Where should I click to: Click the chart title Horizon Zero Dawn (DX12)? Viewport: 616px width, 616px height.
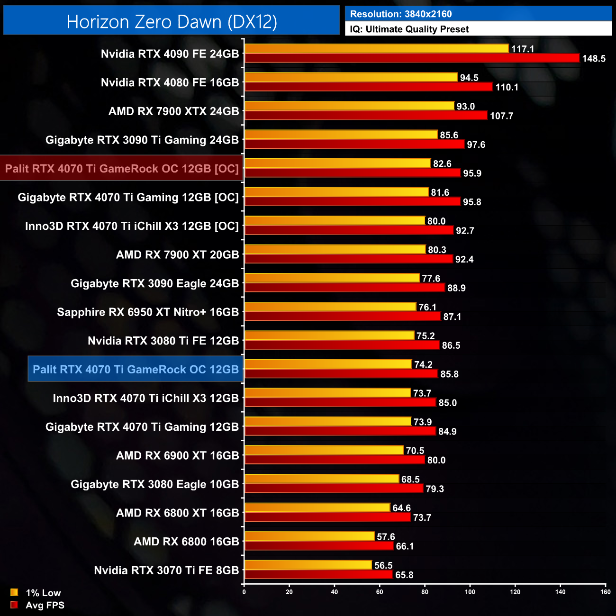[172, 22]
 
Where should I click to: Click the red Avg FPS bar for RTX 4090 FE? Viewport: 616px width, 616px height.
[411, 58]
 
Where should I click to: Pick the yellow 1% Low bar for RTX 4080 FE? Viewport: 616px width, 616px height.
[351, 77]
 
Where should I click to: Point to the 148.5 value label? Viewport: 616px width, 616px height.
[593, 59]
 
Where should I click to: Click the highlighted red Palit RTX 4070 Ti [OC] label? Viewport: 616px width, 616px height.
[122, 169]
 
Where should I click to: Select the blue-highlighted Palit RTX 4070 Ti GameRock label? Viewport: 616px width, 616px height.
[136, 370]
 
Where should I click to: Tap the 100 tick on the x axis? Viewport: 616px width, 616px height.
[470, 592]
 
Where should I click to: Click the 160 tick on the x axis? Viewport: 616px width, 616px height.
[605, 592]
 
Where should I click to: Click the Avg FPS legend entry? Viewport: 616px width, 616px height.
[37, 605]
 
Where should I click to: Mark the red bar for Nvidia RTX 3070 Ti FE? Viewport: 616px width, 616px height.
[318, 575]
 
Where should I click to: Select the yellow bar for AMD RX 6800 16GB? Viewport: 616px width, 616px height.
[309, 536]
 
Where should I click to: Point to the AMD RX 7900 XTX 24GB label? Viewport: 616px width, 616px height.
[173, 111]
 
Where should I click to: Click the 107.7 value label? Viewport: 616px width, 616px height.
[501, 116]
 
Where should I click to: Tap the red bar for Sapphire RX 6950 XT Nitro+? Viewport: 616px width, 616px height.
[343, 317]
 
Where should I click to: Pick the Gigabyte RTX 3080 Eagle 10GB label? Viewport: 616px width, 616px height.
[154, 484]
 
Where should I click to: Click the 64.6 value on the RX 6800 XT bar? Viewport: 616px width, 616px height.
[401, 508]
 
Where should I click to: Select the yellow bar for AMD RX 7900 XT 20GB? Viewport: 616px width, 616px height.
[335, 249]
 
